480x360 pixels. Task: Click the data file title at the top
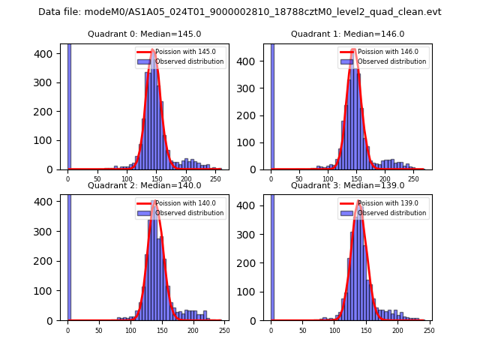point(240,12)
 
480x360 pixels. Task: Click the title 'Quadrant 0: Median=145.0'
point(143,34)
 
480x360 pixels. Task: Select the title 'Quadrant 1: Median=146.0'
point(347,34)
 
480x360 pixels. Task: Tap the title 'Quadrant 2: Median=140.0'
point(143,185)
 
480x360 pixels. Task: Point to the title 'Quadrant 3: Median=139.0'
point(347,185)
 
